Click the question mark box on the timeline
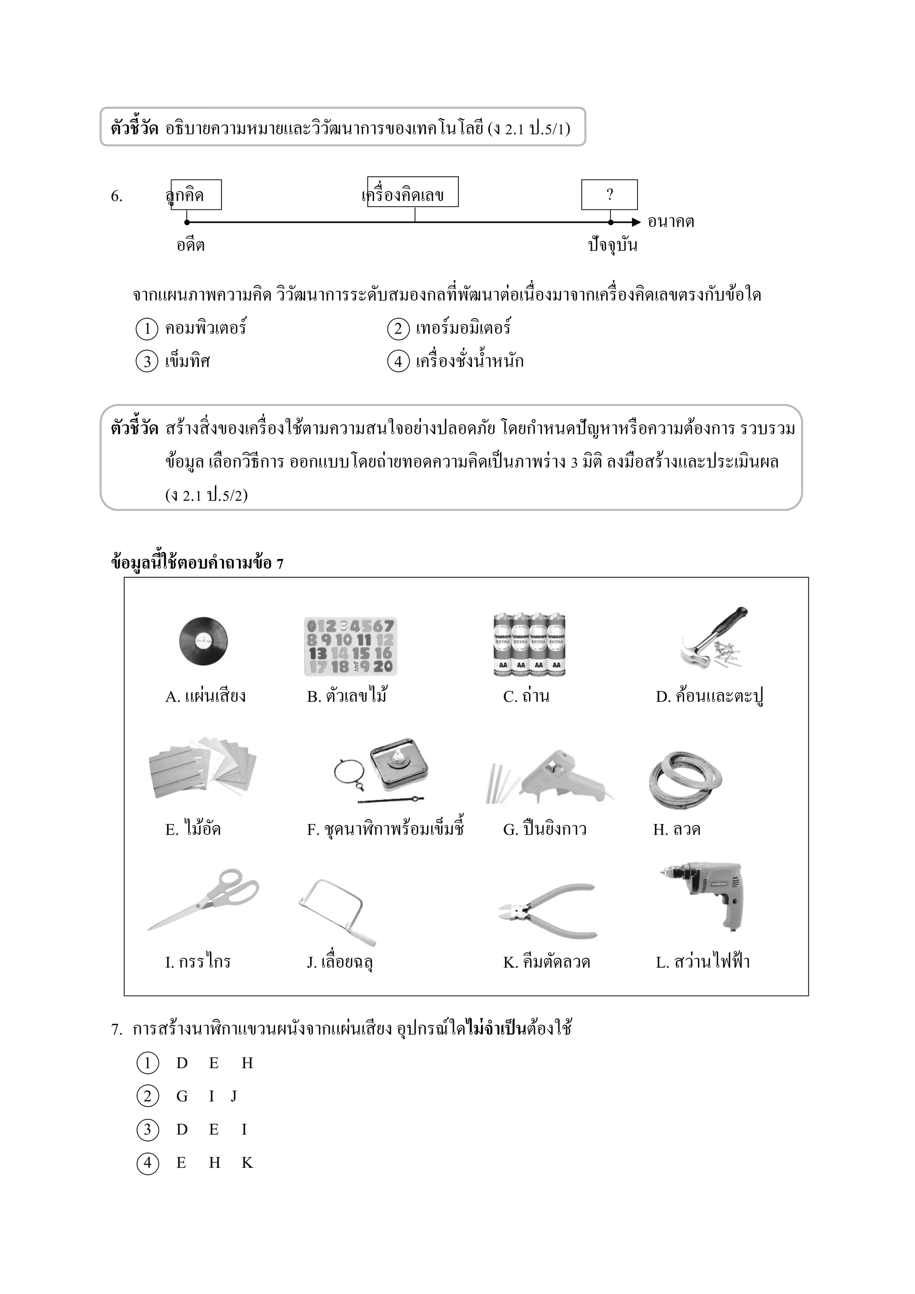[609, 194]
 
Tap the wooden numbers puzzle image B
[350, 647]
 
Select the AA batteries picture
[529, 644]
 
